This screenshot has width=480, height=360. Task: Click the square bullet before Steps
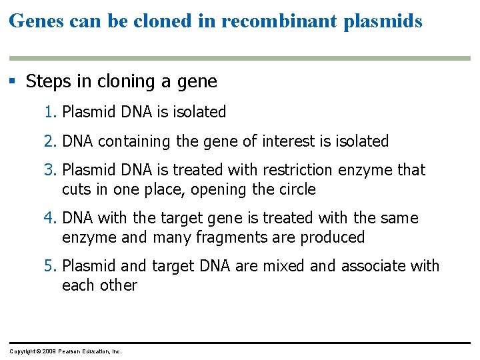click(12, 82)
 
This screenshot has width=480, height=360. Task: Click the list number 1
click(51, 112)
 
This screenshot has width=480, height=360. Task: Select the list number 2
click(51, 141)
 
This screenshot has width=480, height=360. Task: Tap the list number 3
click(51, 170)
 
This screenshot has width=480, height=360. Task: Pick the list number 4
click(51, 218)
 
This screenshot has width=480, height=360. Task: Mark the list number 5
click(51, 266)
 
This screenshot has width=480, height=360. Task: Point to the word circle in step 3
click(294, 189)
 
